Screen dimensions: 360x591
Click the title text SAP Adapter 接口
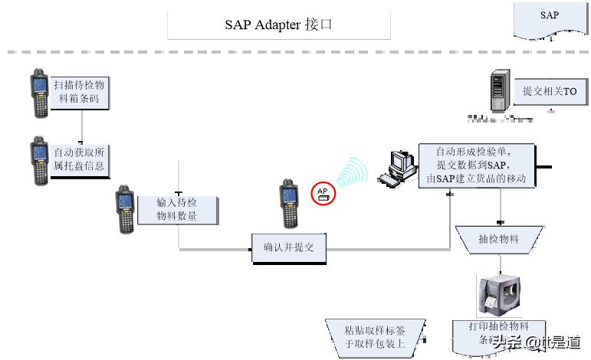[278, 24]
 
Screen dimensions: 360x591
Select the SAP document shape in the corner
[549, 17]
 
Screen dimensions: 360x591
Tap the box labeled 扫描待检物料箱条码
[79, 92]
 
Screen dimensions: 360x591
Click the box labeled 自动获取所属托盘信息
[79, 159]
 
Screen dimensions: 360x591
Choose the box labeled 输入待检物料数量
[177, 209]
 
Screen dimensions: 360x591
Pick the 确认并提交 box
[289, 247]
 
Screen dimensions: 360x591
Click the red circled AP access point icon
[323, 193]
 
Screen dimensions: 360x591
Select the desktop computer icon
[399, 169]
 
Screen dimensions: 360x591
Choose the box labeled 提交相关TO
[549, 92]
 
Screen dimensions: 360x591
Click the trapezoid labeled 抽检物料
[498, 240]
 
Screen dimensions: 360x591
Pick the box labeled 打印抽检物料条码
[498, 333]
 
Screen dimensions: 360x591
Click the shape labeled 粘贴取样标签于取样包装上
[375, 336]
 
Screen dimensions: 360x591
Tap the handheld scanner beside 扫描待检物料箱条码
[39, 93]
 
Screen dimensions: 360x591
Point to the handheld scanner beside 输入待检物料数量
[124, 208]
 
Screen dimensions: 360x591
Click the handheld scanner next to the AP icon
[288, 204]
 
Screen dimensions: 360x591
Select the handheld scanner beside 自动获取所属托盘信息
[39, 160]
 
